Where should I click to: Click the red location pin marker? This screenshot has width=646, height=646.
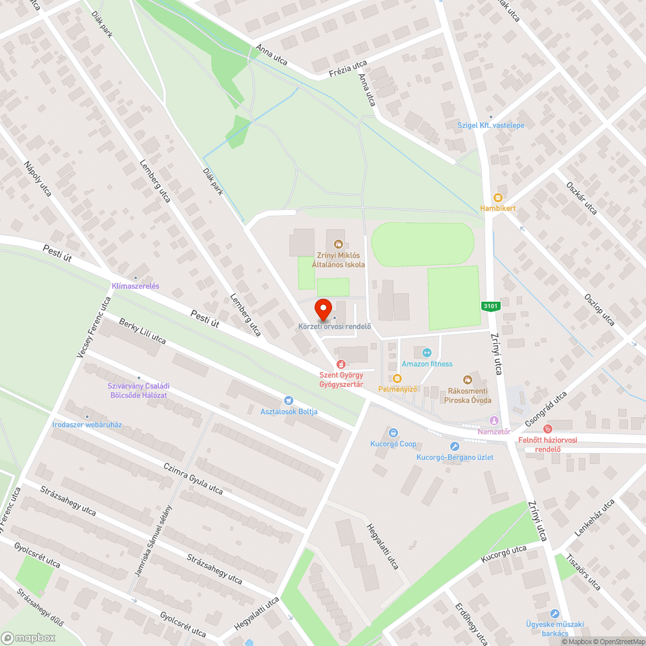tap(323, 308)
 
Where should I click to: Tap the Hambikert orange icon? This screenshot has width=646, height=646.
tap(497, 198)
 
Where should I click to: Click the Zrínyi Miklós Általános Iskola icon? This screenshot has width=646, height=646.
tap(337, 244)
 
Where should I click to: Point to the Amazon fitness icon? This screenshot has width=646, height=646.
tap(426, 353)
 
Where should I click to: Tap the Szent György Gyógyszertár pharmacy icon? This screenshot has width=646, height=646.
tap(341, 364)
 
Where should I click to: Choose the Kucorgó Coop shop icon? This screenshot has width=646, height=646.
tap(393, 433)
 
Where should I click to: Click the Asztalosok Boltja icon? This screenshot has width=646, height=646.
tap(289, 401)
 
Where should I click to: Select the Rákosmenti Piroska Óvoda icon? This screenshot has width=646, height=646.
tap(467, 380)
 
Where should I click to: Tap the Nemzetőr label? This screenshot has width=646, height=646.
tap(494, 431)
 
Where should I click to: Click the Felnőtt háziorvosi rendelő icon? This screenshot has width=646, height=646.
tap(548, 428)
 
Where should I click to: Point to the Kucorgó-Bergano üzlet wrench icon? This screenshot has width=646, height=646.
tap(455, 446)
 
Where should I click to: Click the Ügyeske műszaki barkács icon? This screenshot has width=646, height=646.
tap(554, 614)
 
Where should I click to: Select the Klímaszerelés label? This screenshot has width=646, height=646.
tap(135, 286)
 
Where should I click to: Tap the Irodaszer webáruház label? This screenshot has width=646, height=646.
tap(87, 424)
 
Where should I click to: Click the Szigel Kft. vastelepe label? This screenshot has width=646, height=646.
tap(490, 125)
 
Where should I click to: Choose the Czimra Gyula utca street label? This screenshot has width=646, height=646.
tap(193, 478)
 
